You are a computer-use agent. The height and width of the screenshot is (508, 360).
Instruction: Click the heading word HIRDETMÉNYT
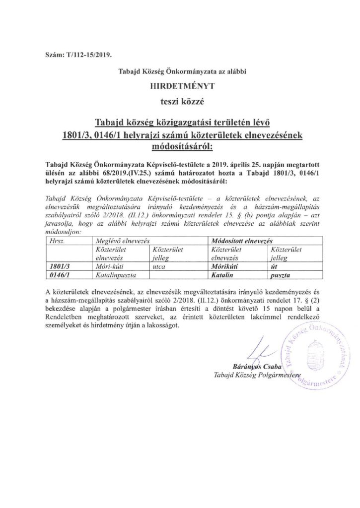tap(180, 85)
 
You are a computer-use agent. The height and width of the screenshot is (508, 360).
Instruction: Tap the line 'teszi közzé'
tap(180, 102)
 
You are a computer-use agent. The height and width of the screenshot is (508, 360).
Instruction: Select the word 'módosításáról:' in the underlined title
tap(180, 147)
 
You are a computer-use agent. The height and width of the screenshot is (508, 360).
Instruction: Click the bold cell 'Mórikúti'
tap(225, 265)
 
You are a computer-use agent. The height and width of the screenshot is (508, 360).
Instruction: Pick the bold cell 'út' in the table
tap(276, 265)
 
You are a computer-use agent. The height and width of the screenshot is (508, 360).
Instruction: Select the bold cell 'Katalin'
tap(223, 273)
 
